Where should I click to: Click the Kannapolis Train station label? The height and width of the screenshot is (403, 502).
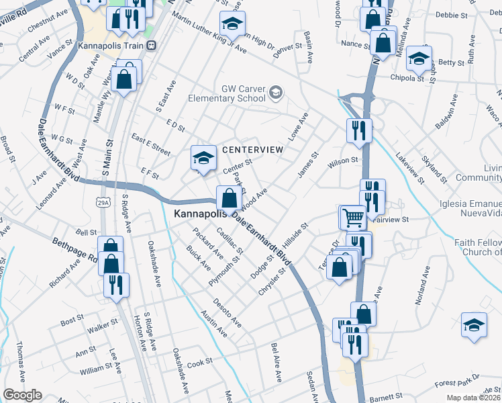click(x=111, y=46)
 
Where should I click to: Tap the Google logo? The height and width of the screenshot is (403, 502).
click(x=21, y=395)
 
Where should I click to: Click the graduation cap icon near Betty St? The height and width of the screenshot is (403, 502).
click(x=418, y=58)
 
